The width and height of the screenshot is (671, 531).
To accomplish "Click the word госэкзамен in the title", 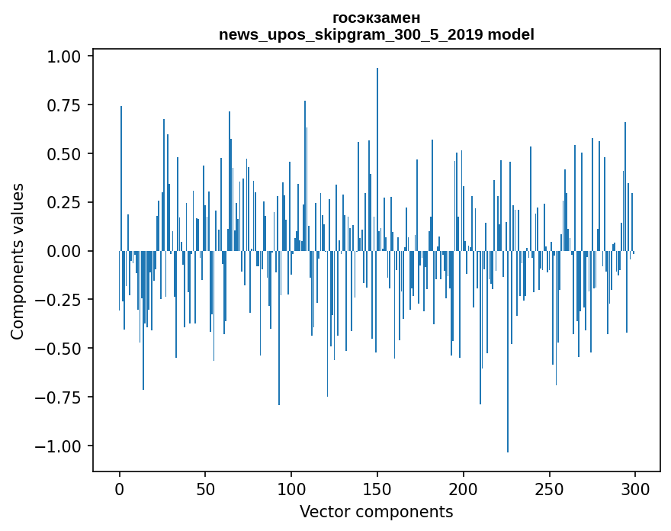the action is click(x=377, y=18).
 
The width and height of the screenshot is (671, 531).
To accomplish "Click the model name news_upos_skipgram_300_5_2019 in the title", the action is click(x=352, y=34).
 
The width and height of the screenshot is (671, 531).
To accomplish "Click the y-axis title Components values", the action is click(x=17, y=262).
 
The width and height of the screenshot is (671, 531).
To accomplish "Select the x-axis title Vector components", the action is click(x=376, y=512).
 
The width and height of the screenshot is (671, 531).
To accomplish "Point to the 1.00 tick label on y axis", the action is click(x=64, y=56).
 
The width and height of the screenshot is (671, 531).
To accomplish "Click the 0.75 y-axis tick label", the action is click(x=64, y=105).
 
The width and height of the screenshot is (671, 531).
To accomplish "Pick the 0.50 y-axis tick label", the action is click(x=64, y=154).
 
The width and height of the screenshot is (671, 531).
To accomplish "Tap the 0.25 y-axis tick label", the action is click(x=64, y=202).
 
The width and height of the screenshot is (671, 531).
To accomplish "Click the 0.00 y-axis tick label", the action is click(x=64, y=251).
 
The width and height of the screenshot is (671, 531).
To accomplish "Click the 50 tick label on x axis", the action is click(x=205, y=489).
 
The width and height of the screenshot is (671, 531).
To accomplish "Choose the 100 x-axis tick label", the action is click(x=291, y=489).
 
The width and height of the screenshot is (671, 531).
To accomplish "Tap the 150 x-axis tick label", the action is click(x=377, y=489).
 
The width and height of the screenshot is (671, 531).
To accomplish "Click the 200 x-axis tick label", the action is click(x=463, y=489).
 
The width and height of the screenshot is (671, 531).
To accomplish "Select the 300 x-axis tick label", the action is click(x=635, y=489).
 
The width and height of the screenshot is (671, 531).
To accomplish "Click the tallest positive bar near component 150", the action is click(x=377, y=159).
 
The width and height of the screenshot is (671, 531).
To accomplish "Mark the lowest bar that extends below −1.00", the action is click(x=508, y=352).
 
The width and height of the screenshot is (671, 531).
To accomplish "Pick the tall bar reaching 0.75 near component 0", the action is click(x=121, y=179).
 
